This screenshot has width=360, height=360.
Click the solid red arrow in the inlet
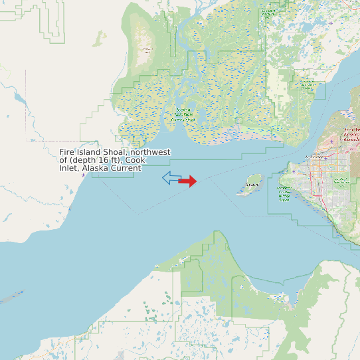tap(188, 181)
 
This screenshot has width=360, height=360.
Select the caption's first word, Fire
tap(66, 152)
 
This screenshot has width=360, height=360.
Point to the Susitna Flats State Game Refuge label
tap(184, 115)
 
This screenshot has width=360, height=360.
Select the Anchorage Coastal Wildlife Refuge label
tap(284, 195)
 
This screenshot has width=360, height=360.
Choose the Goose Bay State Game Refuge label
tap(307, 84)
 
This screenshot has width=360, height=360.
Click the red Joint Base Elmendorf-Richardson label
tap(351, 135)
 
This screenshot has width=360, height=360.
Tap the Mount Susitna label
tap(147, 48)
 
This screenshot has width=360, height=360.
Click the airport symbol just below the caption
tap(83, 175)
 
